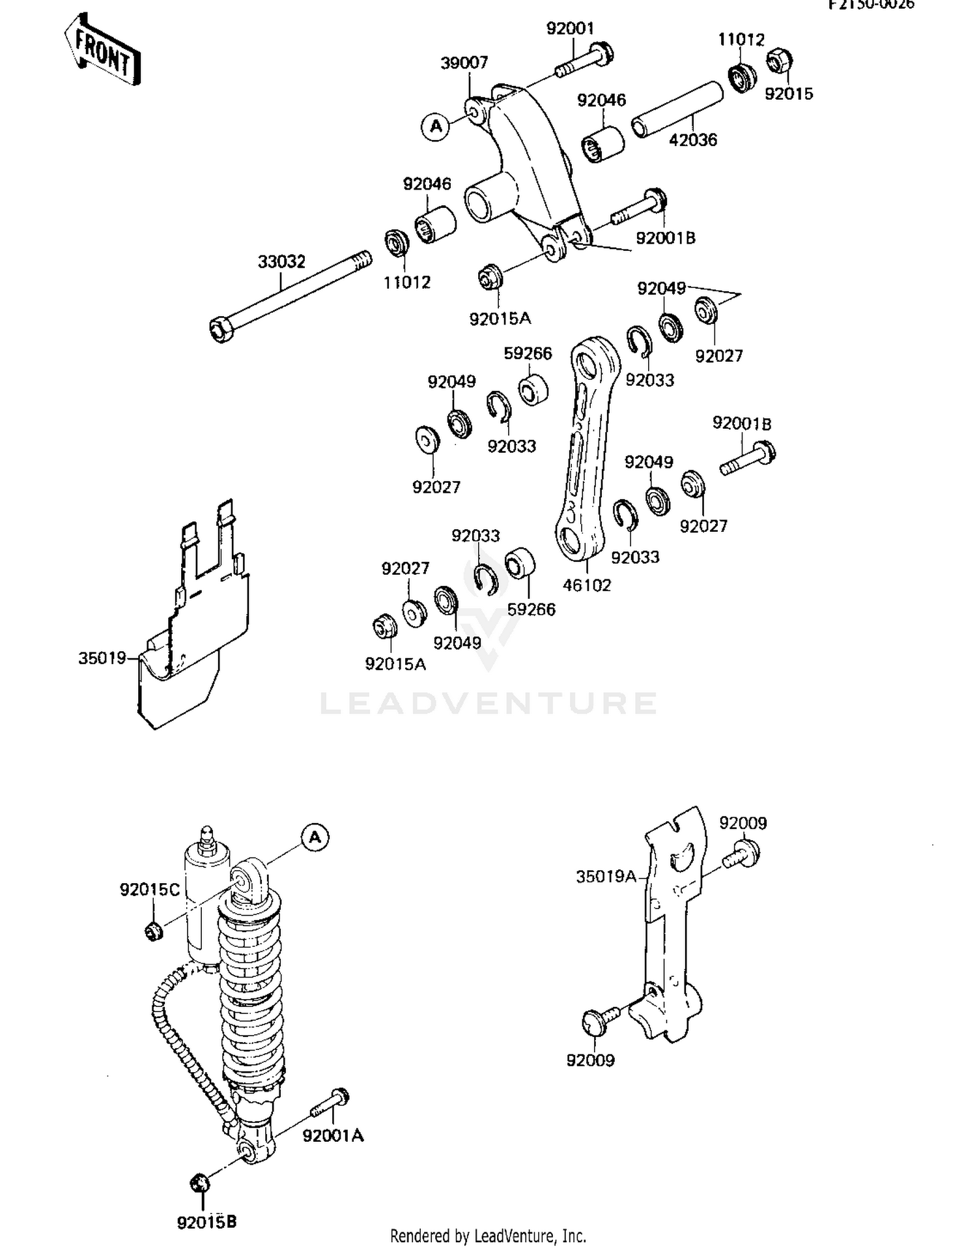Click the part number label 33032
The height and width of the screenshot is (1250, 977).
tap(281, 262)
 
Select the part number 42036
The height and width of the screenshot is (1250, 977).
tap(693, 140)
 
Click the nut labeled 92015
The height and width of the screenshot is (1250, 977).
tap(779, 63)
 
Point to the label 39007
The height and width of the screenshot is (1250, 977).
tap(464, 63)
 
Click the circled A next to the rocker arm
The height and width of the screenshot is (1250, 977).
tap(436, 126)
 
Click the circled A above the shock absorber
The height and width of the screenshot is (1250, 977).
tap(315, 837)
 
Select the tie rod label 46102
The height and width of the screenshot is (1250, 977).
tap(587, 586)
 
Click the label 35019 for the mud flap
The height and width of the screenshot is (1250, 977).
tap(102, 658)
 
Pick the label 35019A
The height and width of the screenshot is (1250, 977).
tap(606, 877)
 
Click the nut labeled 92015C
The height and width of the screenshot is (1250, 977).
tap(154, 931)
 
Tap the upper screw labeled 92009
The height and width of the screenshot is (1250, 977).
tap(743, 854)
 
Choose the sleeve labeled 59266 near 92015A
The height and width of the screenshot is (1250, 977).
tap(520, 564)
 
